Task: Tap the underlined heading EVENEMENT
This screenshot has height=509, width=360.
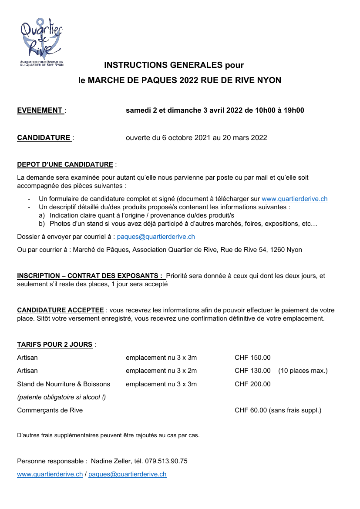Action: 40,111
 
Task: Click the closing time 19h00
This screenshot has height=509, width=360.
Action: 294,111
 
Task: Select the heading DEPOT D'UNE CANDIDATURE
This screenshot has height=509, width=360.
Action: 65,164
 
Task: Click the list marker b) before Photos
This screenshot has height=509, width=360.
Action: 42,224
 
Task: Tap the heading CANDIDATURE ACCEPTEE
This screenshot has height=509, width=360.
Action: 61,310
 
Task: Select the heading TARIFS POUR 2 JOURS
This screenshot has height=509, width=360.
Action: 54,345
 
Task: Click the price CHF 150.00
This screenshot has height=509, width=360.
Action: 252,358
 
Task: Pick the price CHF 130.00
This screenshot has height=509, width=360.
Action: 252,371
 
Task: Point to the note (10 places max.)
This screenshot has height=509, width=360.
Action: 303,371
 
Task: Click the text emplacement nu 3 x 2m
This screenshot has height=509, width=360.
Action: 161,371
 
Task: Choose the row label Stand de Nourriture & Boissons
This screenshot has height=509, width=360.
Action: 64,384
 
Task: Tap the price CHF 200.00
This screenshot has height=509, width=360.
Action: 252,384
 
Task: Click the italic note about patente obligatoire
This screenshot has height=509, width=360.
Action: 61,397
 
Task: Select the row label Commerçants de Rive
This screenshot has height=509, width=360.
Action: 50,410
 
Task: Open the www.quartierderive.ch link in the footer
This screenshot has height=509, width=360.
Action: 50,474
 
